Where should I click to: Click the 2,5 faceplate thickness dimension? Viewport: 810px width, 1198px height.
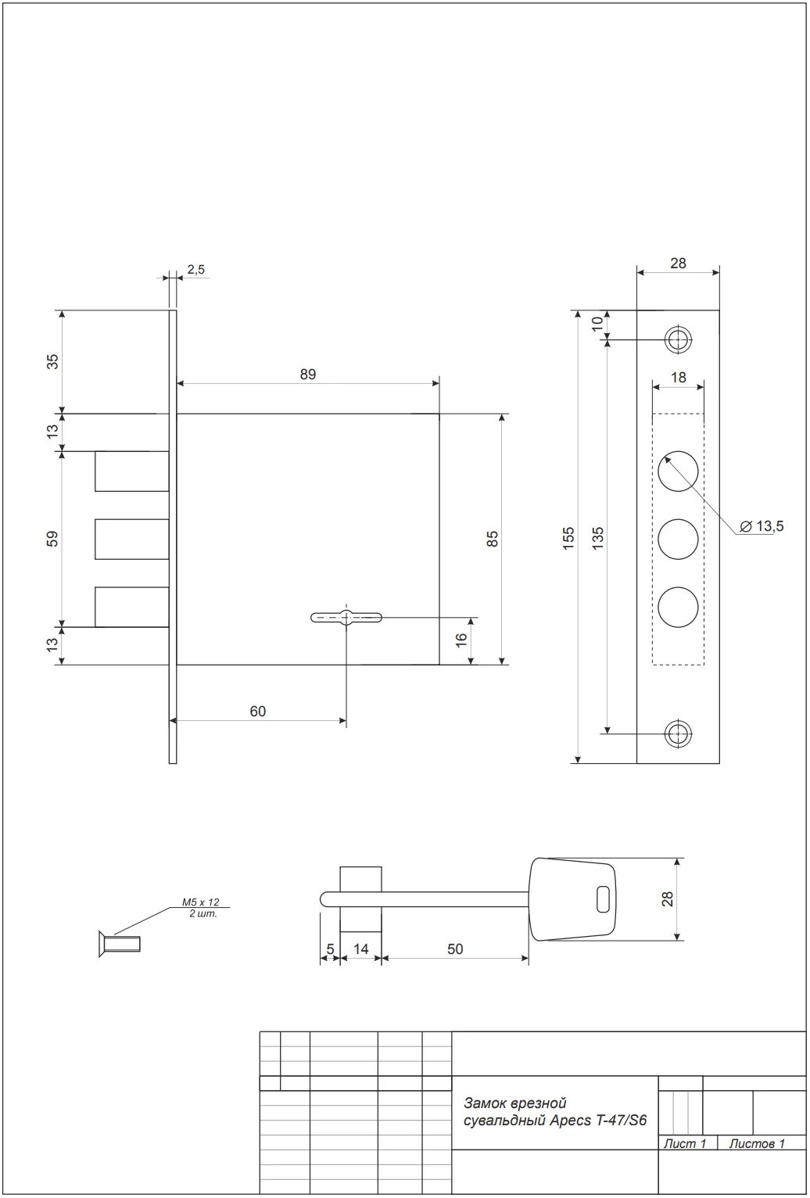(x=195, y=270)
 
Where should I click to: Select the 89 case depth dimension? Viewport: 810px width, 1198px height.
(x=307, y=375)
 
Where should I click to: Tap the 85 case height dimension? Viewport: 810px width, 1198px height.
(x=493, y=539)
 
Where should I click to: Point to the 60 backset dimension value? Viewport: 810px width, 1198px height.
(x=257, y=711)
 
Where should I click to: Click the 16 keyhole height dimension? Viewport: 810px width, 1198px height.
(x=461, y=639)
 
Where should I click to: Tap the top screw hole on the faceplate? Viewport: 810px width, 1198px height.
(x=678, y=339)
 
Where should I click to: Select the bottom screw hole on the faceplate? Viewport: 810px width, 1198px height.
(x=678, y=734)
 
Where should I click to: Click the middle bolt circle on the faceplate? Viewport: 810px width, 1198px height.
(x=678, y=539)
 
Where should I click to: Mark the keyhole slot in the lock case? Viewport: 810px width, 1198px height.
(x=346, y=617)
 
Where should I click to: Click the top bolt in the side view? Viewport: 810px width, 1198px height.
(x=131, y=471)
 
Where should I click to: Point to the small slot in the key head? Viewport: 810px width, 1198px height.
(x=602, y=899)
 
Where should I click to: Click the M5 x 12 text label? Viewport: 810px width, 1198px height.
(x=201, y=902)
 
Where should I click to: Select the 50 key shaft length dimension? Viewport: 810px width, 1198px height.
(x=455, y=949)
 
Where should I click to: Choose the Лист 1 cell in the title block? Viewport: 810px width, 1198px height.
(x=685, y=1144)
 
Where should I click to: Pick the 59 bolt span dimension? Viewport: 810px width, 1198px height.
(x=52, y=539)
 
